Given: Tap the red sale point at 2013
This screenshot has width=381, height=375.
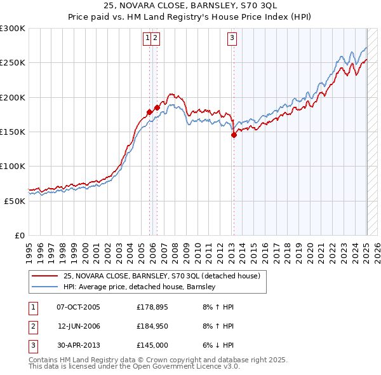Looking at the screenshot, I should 234,135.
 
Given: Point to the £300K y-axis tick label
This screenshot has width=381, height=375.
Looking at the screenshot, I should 13,29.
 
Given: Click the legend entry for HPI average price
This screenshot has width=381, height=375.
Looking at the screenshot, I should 140,287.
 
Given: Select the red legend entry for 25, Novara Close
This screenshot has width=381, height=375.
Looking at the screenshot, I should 161,276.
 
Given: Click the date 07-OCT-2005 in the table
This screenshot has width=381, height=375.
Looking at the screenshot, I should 78,307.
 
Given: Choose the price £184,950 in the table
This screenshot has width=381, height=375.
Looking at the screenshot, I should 153,326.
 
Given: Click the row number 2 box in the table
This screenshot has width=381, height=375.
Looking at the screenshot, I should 32,326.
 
